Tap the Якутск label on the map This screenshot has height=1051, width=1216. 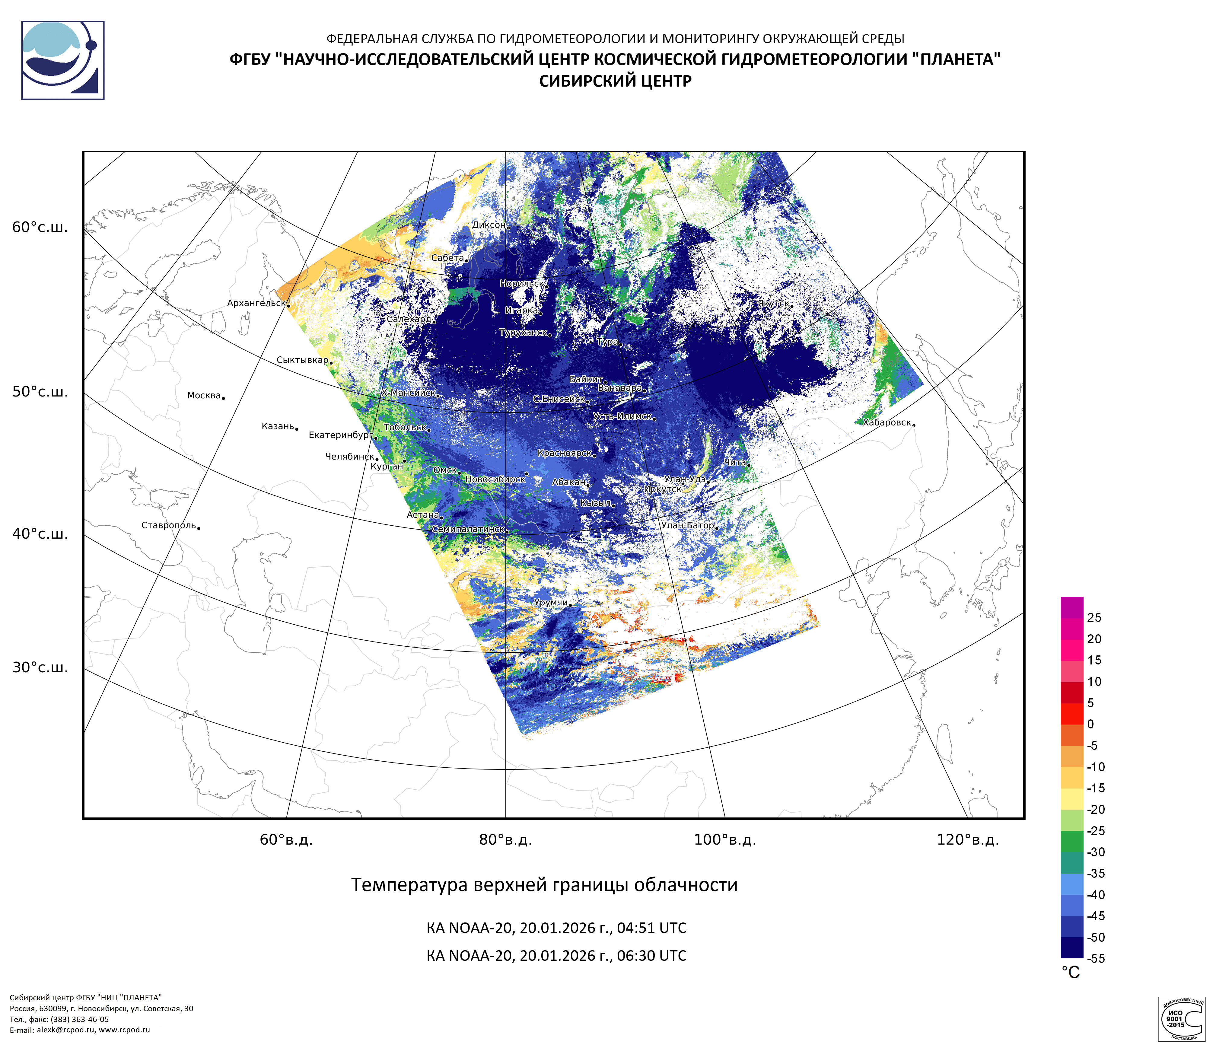click(773, 303)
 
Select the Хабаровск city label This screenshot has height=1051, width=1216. click(887, 422)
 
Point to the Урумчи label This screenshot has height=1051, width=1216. click(550, 603)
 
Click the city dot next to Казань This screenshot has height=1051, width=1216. click(297, 429)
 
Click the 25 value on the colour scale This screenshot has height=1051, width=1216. click(1094, 617)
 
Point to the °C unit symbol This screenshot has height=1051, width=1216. click(1071, 973)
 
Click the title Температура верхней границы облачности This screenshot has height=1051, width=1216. click(544, 885)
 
